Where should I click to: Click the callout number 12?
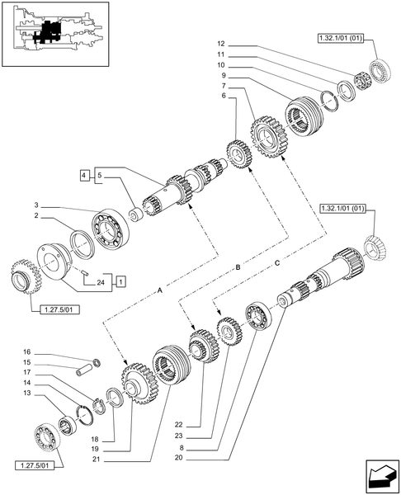click(221, 44)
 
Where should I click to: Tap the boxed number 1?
click(120, 282)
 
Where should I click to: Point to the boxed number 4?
click(84, 174)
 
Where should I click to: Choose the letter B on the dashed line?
click(238, 268)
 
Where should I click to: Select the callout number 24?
click(101, 282)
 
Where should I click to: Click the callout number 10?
click(221, 65)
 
